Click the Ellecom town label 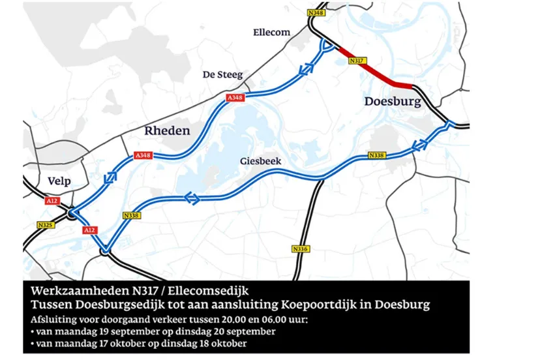pos(271,32)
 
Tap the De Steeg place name pos(223,75)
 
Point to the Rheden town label pos(167,131)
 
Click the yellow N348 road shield pos(316,13)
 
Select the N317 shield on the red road pos(356,61)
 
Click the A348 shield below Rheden pos(143,155)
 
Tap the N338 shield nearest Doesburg pos(376,155)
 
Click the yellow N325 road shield pos(45,225)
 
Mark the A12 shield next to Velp pos(52,202)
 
